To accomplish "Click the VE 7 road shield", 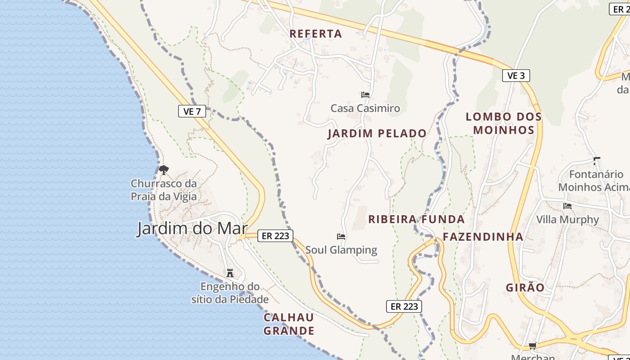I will [x=192, y=111].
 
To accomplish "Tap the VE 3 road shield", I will [x=516, y=76].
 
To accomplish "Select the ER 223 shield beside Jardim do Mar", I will [x=275, y=235].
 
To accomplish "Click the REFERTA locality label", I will [x=316, y=34].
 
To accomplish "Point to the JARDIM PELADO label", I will [x=377, y=133].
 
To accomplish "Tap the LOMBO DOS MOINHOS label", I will [x=504, y=123].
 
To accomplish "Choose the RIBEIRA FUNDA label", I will [x=416, y=219].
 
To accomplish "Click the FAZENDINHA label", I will [x=483, y=237].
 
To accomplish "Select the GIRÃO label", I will [x=525, y=288].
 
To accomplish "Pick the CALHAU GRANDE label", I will [x=289, y=324].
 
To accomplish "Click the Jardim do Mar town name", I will [x=192, y=229].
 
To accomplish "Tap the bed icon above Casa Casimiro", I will [x=365, y=95].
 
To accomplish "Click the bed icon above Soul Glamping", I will [x=341, y=236].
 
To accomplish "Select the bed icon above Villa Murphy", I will [x=567, y=206].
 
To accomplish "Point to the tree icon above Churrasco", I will [x=164, y=170].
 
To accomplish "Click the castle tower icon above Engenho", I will [x=230, y=273].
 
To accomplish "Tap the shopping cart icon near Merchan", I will [x=533, y=346].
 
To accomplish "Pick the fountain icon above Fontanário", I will [x=597, y=161].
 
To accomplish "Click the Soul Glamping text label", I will [x=341, y=250].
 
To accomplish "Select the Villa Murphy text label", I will [x=567, y=220].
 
